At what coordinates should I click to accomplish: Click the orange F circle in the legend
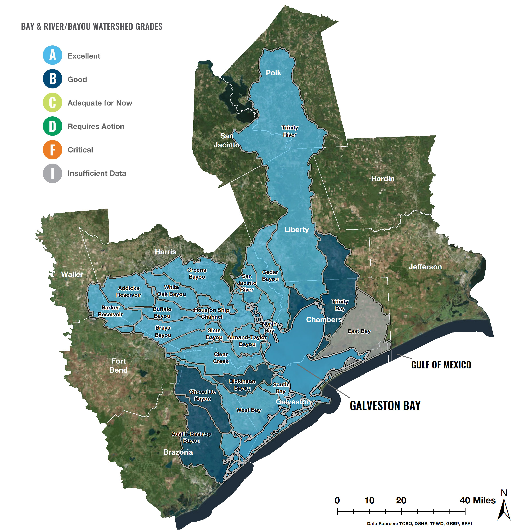[52, 150]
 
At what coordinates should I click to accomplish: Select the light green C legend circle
[52, 103]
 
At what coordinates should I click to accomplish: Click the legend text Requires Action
[96, 126]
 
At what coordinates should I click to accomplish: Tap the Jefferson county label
[425, 267]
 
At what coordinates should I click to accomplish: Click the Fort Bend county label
[118, 365]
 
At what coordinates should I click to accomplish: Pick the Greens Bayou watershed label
[197, 274]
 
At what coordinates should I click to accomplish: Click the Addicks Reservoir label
[129, 291]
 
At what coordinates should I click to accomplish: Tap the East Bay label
[359, 331]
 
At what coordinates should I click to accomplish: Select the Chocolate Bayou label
[202, 395]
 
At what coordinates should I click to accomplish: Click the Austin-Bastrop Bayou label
[191, 437]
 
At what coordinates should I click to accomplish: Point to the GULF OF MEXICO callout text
[441, 365]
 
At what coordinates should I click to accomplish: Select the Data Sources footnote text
[419, 523]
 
